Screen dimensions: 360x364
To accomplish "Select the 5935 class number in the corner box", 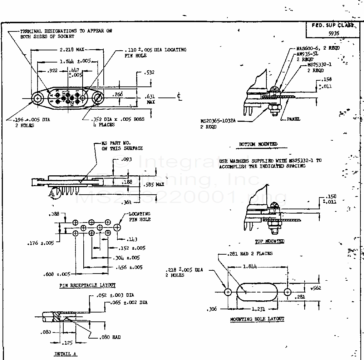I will pos(334,33).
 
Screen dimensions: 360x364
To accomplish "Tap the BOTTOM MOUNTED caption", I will pos(258,144).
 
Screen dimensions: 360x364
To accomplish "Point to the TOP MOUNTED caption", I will pos(270,241).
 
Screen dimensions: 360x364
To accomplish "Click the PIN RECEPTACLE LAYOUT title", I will pos(88,285).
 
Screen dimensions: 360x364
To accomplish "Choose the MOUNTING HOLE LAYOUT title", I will pos(257,319).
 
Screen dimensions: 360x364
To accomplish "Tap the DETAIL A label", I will pos(65,354).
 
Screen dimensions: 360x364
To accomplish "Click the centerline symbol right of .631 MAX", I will pos(179,96).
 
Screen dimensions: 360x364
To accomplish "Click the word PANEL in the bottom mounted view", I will pos(294,119).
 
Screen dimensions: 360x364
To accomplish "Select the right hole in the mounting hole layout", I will pos(288,292).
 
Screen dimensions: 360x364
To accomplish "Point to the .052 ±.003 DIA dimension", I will pos(115,295).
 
